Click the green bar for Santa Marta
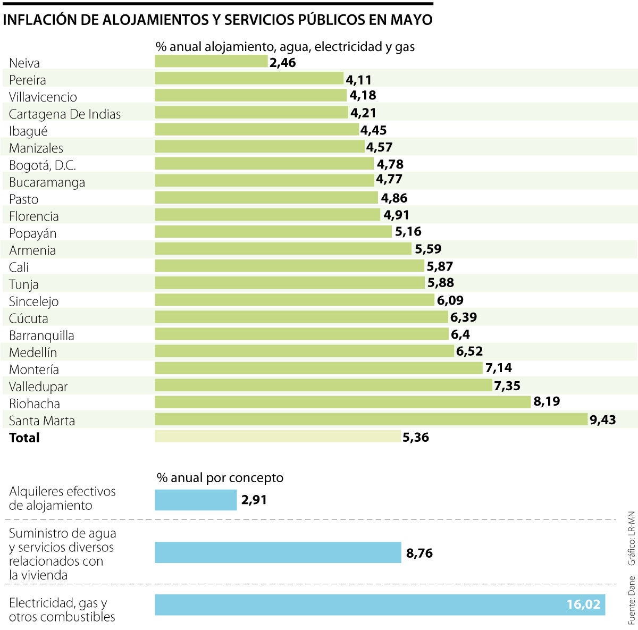pyautogui.click(x=371, y=419)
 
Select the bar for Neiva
pyautogui.click(x=211, y=62)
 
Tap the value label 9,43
pyautogui.click(x=603, y=420)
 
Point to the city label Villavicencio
pyautogui.click(x=43, y=97)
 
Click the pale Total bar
pyautogui.click(x=278, y=436)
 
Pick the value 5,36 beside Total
pyautogui.click(x=416, y=438)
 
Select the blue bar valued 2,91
pyautogui.click(x=196, y=500)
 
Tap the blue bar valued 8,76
pyautogui.click(x=278, y=552)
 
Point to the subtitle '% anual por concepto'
pyautogui.click(x=220, y=477)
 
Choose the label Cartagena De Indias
pyautogui.click(x=65, y=114)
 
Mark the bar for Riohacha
pyautogui.click(x=342, y=402)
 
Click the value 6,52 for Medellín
pyautogui.click(x=469, y=351)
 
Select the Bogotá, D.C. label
pyautogui.click(x=43, y=165)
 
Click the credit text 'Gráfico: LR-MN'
pyautogui.click(x=631, y=538)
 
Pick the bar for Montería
pyautogui.click(x=318, y=368)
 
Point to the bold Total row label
pyautogui.click(x=24, y=438)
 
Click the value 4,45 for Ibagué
pyautogui.click(x=373, y=130)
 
